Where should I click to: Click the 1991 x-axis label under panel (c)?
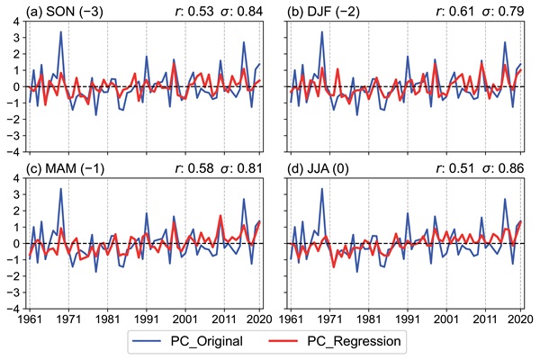(x=146, y=319)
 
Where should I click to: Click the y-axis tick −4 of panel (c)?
(x=13, y=308)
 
